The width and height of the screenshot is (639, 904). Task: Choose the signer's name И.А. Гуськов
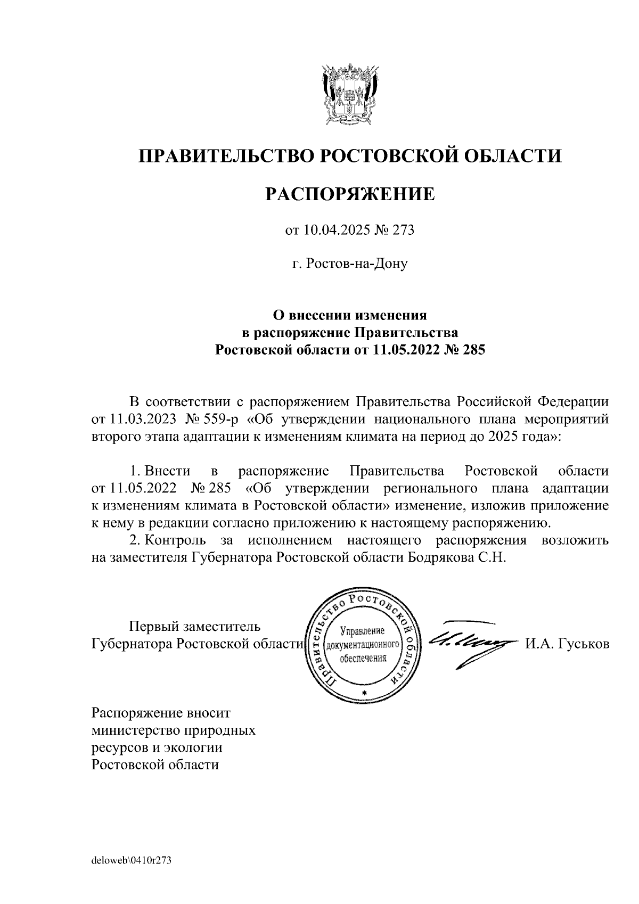[x=567, y=644]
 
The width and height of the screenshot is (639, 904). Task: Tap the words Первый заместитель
[x=196, y=626]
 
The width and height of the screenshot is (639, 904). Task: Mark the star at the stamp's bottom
[x=364, y=693]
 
